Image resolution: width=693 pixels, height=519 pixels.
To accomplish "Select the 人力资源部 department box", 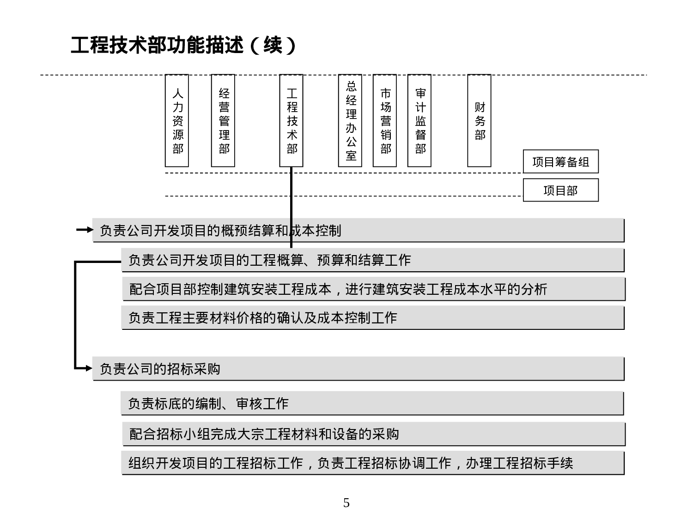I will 177,120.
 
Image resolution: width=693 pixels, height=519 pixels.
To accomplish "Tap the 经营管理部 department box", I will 223,120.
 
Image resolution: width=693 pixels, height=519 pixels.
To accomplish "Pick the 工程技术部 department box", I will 292,120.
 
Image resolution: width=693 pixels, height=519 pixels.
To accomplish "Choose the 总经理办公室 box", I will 350,120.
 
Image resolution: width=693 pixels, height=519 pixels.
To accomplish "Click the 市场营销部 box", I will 385,120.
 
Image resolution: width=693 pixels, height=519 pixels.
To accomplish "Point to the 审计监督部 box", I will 419,120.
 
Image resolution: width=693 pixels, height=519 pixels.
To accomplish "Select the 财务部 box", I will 479,120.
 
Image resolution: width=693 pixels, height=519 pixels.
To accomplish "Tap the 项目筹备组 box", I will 560,161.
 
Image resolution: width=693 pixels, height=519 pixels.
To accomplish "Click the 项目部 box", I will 560,190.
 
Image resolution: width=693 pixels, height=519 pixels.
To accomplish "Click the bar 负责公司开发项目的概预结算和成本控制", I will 358,230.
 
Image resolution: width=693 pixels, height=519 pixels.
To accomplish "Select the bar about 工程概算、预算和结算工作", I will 372,260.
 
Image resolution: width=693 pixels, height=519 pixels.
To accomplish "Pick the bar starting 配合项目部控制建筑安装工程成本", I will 373,289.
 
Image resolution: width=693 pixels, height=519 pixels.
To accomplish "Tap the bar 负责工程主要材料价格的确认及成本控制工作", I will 372,318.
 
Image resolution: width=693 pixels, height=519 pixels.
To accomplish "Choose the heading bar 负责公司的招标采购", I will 358,369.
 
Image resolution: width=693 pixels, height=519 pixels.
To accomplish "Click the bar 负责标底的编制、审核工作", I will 372,404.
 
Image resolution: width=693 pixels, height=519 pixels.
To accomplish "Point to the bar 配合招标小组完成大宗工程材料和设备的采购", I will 373,434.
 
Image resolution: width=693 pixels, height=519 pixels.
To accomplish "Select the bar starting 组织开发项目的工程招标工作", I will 372,463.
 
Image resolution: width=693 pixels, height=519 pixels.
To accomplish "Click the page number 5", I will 346,503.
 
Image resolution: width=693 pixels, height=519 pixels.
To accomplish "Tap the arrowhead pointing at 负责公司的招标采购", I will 89,368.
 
